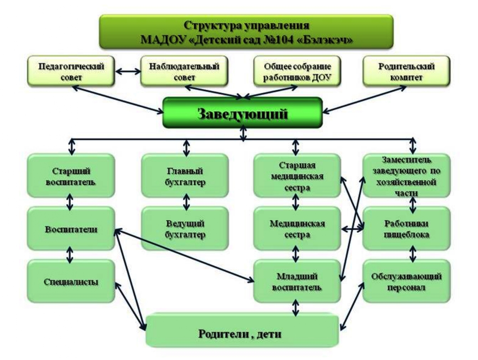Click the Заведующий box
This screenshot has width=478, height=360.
point(243,113)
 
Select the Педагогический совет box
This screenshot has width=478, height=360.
point(72,71)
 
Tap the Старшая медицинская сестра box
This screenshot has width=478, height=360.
point(296,175)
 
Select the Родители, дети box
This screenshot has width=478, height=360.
point(242,332)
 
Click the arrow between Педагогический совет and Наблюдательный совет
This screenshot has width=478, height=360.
point(128,71)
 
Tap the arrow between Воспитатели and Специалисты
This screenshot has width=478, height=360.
point(70,254)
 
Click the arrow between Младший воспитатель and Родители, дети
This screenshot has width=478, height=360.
point(296,308)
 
